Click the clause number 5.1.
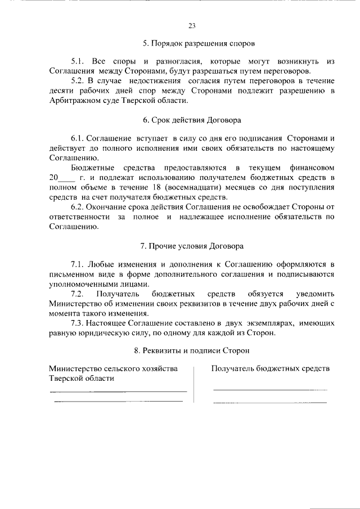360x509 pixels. (x=78, y=61)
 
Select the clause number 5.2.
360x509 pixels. (x=78, y=80)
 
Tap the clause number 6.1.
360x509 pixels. (x=78, y=138)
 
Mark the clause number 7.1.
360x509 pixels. (x=78, y=264)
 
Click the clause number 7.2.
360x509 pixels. (x=78, y=294)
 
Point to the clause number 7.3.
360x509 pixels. (x=78, y=324)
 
